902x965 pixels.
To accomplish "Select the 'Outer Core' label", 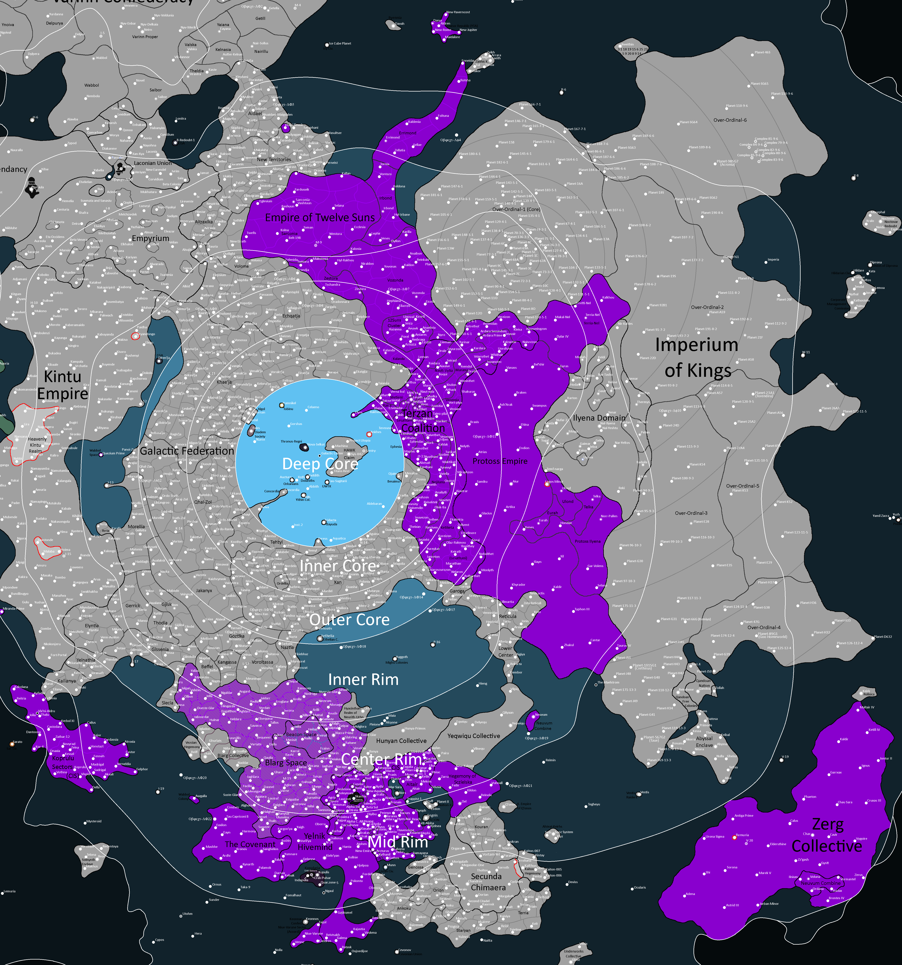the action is (x=349, y=620).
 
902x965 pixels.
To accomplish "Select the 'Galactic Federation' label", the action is (x=187, y=451).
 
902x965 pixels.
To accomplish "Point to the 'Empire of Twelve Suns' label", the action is (x=320, y=217).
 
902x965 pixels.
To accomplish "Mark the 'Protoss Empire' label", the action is (x=500, y=461).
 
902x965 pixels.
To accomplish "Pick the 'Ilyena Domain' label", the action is (x=599, y=418).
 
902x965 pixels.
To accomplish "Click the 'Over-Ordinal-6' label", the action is (x=730, y=120).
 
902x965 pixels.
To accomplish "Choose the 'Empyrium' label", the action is (x=151, y=238).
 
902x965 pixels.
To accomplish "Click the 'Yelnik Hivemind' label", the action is (x=315, y=841).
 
